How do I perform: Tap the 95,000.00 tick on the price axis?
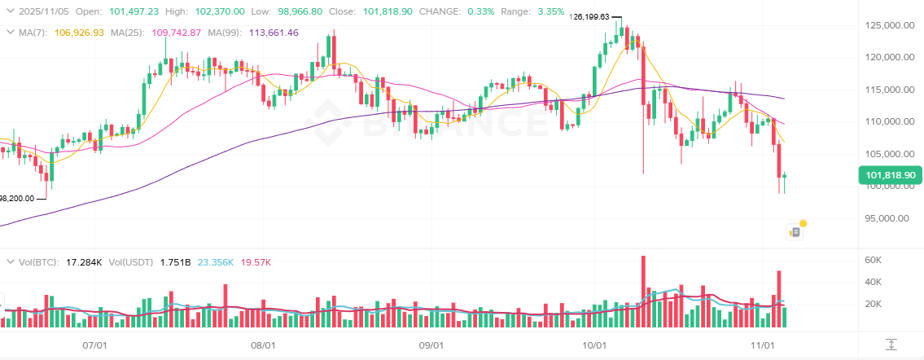click(x=887, y=218)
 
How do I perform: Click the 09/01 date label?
click(x=431, y=345)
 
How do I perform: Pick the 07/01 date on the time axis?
click(x=96, y=345)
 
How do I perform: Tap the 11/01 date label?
click(x=762, y=345)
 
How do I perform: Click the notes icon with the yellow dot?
click(x=796, y=231)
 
